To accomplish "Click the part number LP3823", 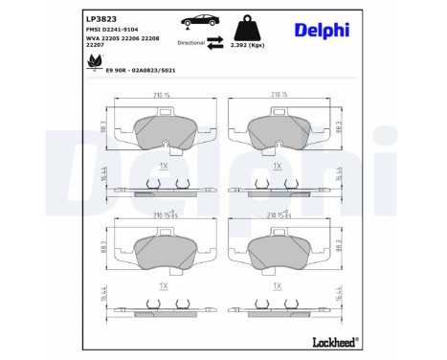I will [x=101, y=17].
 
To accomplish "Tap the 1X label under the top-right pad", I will [x=277, y=166].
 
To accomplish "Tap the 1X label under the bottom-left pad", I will [x=164, y=285].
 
